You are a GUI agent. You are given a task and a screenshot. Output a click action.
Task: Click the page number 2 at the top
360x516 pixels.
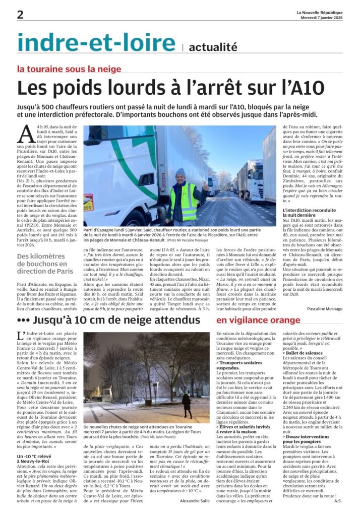(20, 15)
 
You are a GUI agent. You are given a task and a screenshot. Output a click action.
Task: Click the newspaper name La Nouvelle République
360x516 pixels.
(319, 13)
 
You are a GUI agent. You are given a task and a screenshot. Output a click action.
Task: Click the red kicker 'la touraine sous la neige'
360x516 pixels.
(69, 69)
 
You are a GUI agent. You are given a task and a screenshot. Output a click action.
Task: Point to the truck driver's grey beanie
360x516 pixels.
(180, 173)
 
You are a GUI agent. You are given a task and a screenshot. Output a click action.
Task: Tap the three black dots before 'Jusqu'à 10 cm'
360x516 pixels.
(23, 320)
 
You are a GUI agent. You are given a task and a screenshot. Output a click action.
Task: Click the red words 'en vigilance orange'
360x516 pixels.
(258, 320)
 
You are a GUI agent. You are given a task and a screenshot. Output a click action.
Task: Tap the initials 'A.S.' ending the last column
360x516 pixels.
(338, 500)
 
